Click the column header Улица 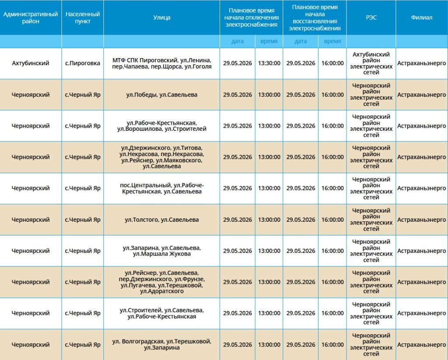[x=162, y=17]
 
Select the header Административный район [x=31, y=17]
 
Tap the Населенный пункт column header [x=83, y=17]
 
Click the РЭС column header [x=371, y=17]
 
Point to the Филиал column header [x=421, y=17]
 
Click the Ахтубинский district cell [x=31, y=63]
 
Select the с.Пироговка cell [x=83, y=63]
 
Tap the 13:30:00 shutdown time [x=269, y=63]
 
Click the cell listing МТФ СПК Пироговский [x=162, y=63]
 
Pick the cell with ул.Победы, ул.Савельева [x=162, y=94]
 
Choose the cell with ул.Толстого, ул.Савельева [x=162, y=220]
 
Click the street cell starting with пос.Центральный [x=162, y=188]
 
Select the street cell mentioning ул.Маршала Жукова [x=162, y=251]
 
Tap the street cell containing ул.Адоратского [x=162, y=282]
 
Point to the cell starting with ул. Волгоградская [x=162, y=345]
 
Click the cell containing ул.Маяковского [x=162, y=157]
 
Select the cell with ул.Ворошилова [x=162, y=126]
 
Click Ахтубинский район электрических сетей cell [x=371, y=63]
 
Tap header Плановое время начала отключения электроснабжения [x=252, y=17]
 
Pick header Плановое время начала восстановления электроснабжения [x=315, y=17]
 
